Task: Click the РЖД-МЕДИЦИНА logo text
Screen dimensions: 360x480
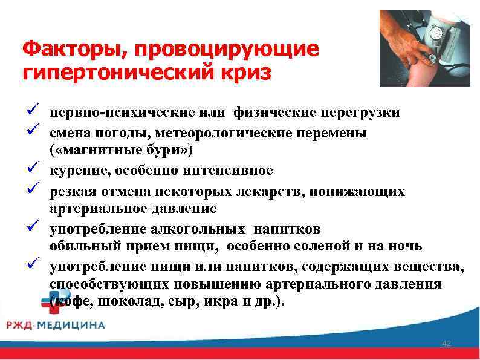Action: coord(56,326)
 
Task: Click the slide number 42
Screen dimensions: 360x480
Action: coord(447,344)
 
